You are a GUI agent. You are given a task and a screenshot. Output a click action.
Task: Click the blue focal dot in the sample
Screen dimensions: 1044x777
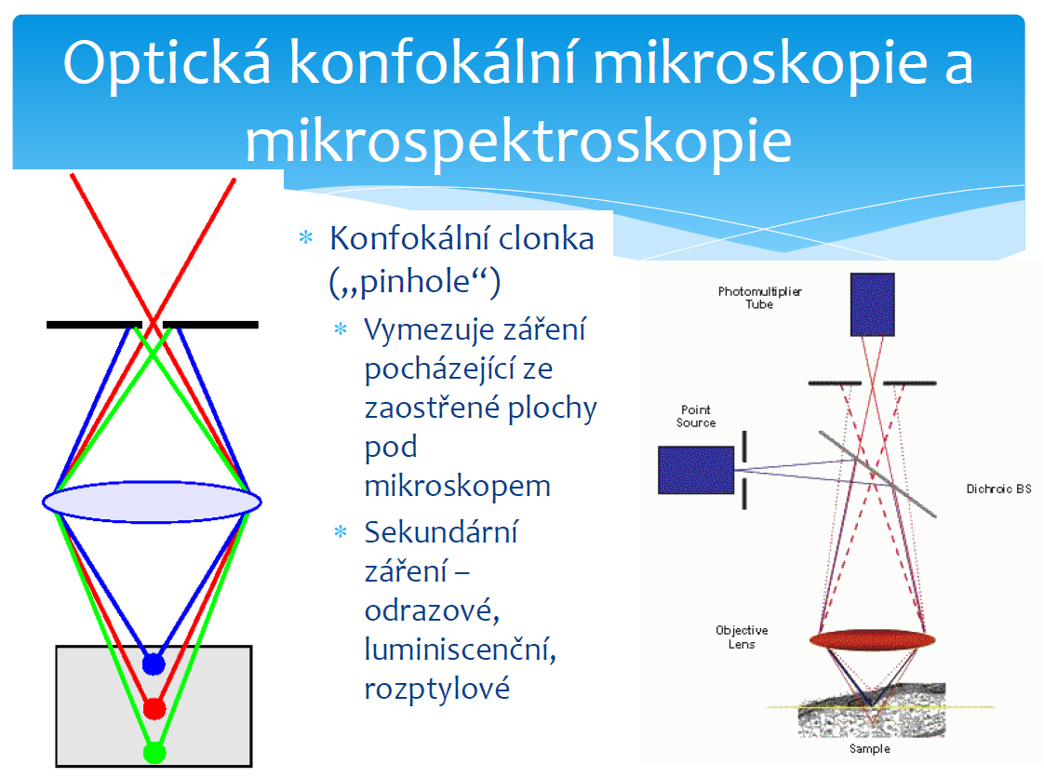coord(154,663)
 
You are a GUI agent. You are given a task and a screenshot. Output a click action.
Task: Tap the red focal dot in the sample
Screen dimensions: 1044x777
coord(154,708)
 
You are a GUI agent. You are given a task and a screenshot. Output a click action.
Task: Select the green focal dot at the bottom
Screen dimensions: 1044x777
coord(154,753)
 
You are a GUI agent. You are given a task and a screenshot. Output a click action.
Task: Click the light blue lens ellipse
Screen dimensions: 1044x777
coord(152,502)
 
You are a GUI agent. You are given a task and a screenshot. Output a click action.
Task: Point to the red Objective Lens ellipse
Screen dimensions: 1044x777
coord(872,640)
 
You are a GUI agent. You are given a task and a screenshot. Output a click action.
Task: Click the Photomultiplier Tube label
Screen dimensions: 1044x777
coord(759,298)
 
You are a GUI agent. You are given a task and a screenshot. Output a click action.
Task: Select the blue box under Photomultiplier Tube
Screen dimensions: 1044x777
coord(872,304)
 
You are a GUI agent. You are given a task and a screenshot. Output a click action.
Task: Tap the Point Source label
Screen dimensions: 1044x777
coord(696,416)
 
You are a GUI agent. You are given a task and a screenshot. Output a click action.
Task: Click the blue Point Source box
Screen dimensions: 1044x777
coord(696,470)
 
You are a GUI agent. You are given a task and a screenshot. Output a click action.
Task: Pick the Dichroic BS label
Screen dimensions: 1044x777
coord(998,489)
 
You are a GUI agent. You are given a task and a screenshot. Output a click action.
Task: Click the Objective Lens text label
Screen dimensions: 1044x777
coord(742,637)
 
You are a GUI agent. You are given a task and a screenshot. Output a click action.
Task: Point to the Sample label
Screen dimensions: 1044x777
coord(870,748)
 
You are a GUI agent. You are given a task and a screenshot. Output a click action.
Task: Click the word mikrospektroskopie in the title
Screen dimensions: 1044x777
coord(518,141)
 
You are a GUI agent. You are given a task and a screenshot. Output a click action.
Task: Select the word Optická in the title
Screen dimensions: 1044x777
coord(167,64)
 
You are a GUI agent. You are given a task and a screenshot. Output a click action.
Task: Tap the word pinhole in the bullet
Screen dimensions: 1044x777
coord(415,282)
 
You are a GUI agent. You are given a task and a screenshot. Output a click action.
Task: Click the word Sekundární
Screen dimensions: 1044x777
coord(441,532)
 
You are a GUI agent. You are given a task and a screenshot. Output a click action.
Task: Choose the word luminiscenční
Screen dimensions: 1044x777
coord(460,650)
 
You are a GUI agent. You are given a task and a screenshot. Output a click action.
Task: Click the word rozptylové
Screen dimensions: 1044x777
coord(436,689)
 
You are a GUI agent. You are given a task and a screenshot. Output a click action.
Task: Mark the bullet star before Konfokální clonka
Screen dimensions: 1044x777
coord(305,237)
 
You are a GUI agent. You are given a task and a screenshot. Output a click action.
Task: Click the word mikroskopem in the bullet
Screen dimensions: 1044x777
coord(458,486)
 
